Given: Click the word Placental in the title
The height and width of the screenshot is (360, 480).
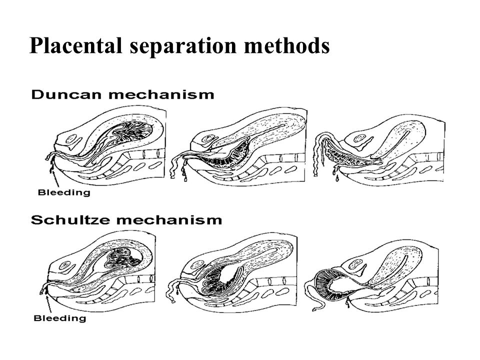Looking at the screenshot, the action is pyautogui.click(x=76, y=45).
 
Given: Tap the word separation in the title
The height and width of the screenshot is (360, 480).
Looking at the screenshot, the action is pyautogui.click(x=183, y=46).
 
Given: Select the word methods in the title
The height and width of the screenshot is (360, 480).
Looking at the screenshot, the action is pyautogui.click(x=287, y=45).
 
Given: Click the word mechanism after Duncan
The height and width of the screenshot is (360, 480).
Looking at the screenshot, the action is pyautogui.click(x=161, y=94).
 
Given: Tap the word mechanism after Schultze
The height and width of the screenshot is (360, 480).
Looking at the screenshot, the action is pyautogui.click(x=169, y=220).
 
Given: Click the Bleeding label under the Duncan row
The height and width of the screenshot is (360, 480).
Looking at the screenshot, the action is pyautogui.click(x=64, y=192).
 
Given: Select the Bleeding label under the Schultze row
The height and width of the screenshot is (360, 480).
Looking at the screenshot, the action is pyautogui.click(x=59, y=318).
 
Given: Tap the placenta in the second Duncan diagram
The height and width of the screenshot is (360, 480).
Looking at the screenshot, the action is pyautogui.click(x=226, y=154).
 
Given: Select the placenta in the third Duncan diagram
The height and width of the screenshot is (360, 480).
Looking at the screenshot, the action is pyautogui.click(x=349, y=154).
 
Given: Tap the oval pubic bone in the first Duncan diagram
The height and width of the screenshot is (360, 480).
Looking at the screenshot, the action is pyautogui.click(x=72, y=139).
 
